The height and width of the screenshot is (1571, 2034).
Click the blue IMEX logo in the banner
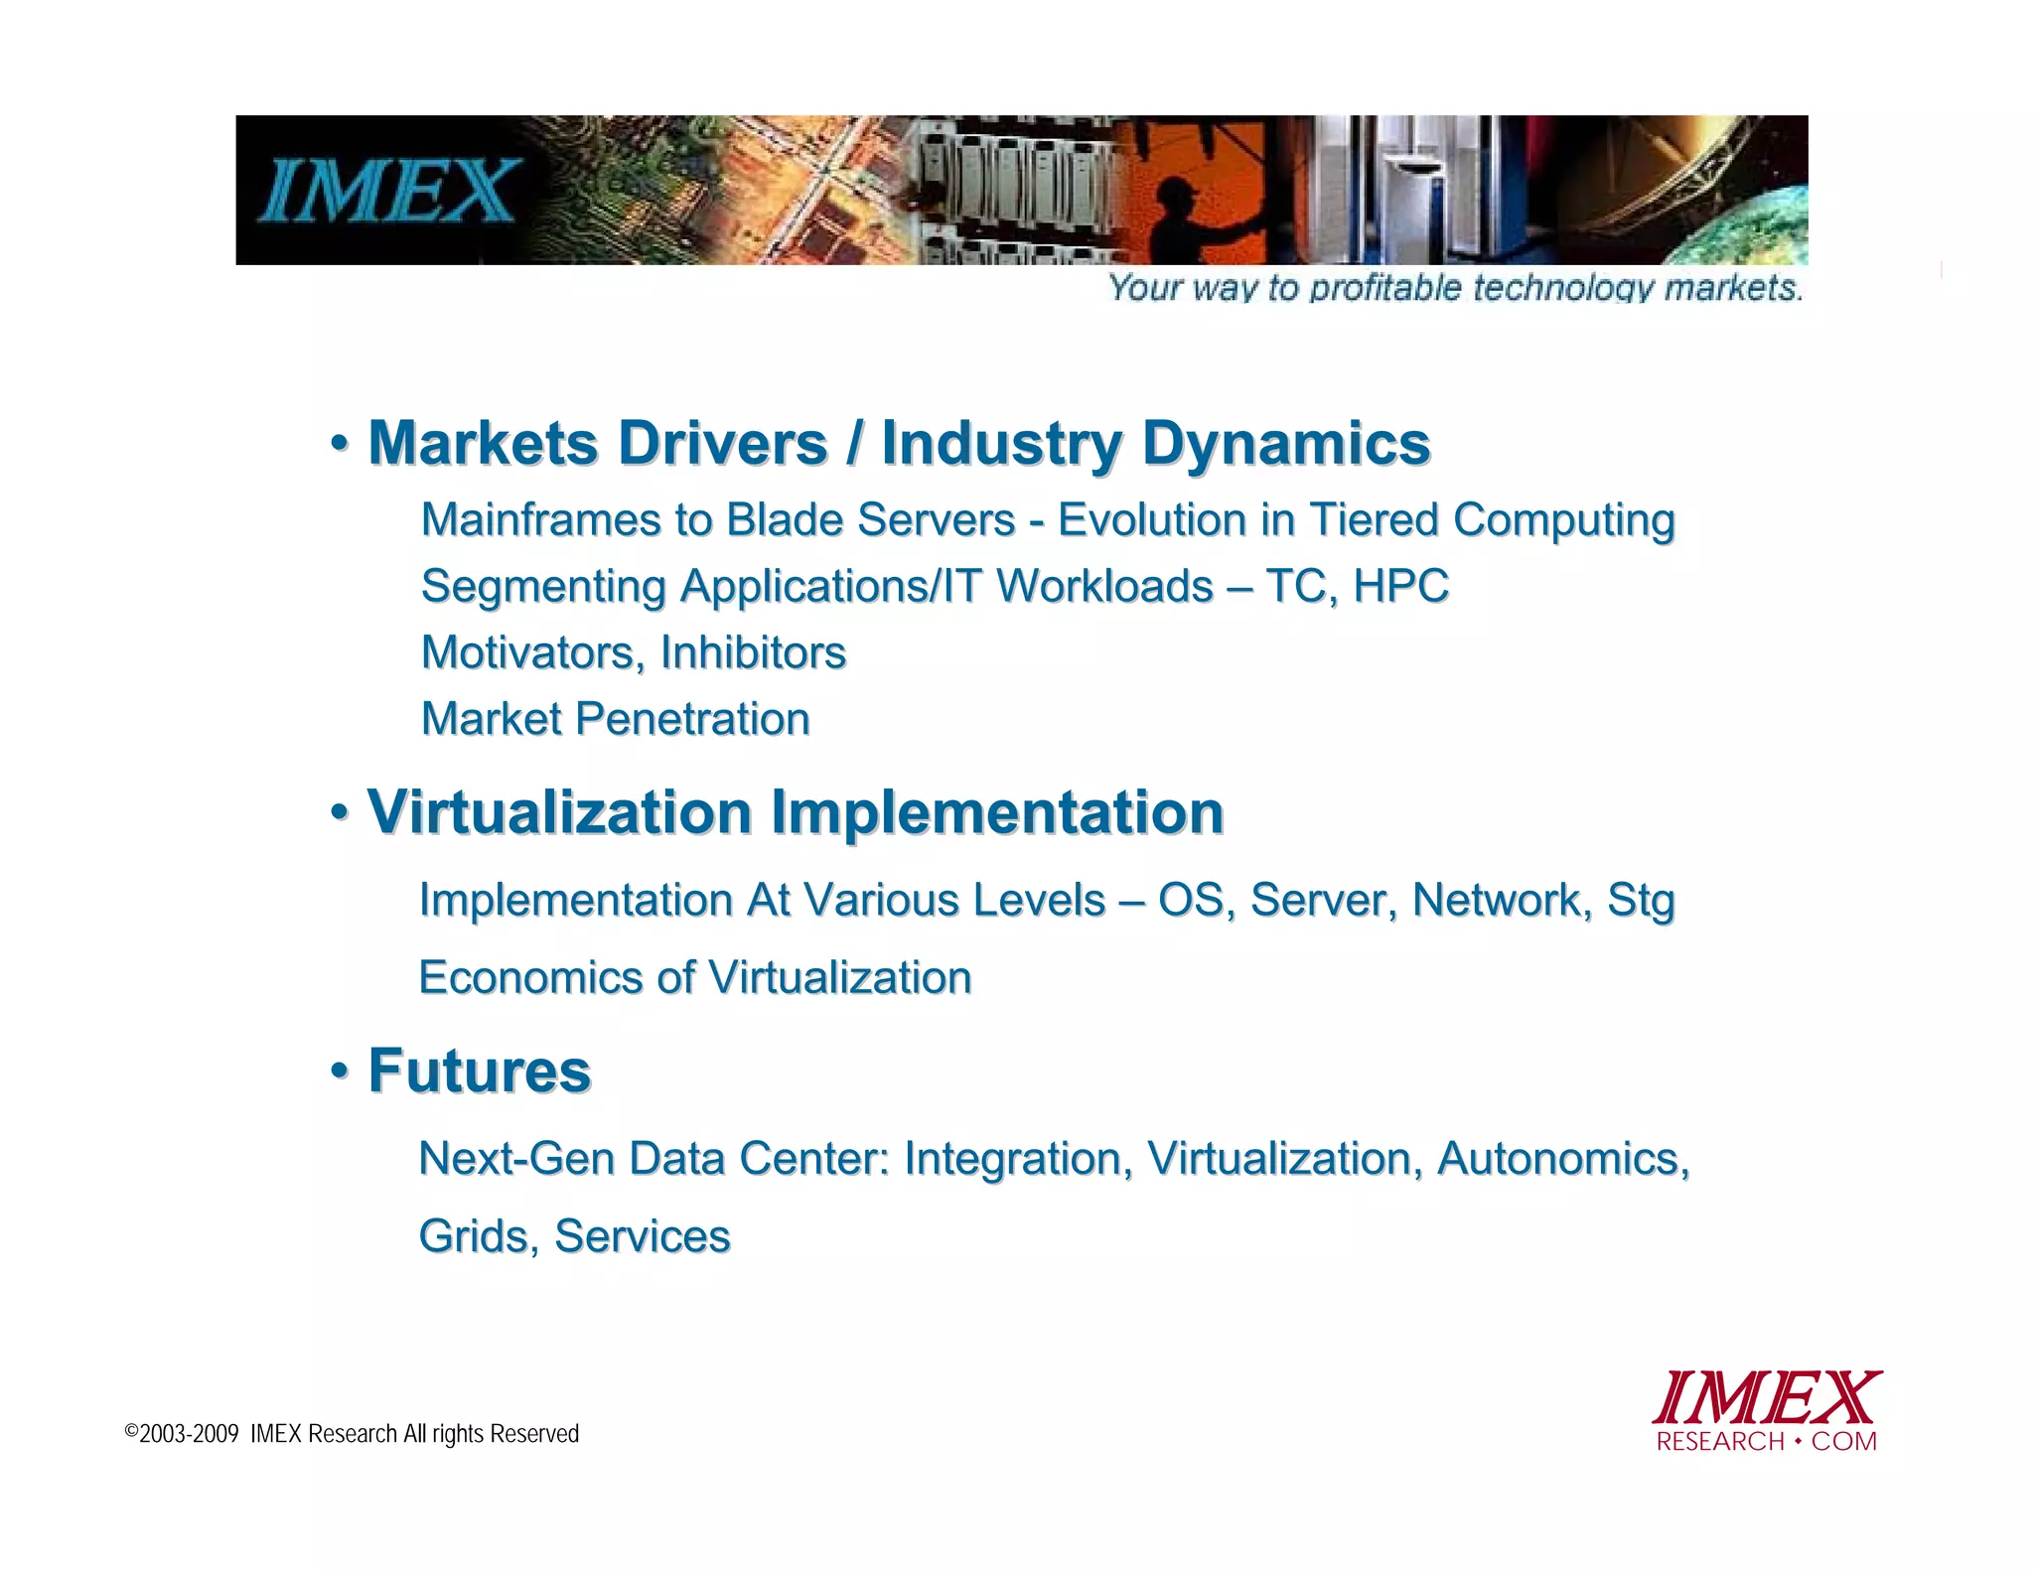click(389, 191)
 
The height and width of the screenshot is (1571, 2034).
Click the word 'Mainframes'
click(539, 519)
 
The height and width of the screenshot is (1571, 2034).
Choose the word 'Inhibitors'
click(753, 652)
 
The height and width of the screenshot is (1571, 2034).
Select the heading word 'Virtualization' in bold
click(559, 811)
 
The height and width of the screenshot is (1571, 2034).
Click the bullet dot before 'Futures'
click(340, 1071)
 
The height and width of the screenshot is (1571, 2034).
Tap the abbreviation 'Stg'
click(1641, 900)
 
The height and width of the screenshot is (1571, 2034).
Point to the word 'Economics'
click(530, 977)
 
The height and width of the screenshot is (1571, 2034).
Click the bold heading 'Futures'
click(480, 1071)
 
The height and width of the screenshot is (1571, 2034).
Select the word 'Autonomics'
click(1562, 1158)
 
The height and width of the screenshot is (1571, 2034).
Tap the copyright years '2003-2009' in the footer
click(189, 1434)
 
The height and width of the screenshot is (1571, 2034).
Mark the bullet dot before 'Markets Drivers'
click(340, 443)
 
